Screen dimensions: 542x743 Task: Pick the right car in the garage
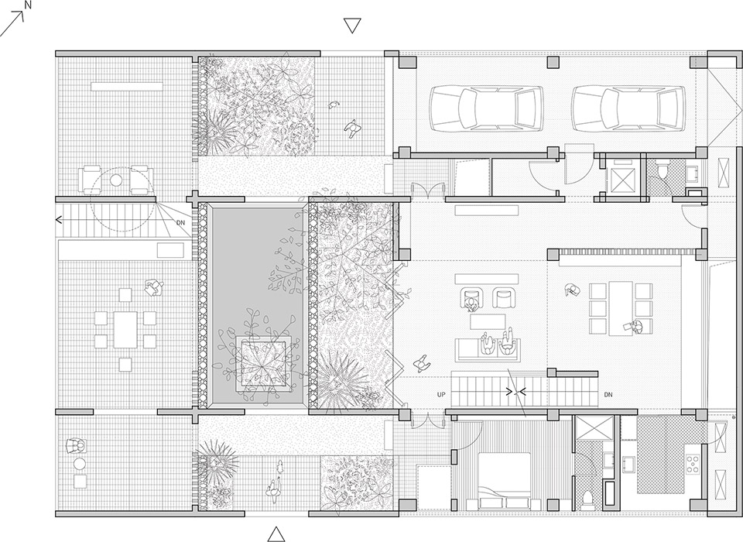[x=628, y=108]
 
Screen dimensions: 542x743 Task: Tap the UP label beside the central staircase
[x=441, y=394]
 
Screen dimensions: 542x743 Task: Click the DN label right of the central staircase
[x=608, y=394]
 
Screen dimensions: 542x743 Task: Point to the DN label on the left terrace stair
[x=180, y=223]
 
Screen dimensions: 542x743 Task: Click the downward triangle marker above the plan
[x=353, y=26]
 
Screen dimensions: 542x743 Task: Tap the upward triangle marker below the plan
[x=276, y=533]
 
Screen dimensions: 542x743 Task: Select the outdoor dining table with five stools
[x=124, y=328]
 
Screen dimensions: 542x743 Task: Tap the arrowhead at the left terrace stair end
[x=59, y=220]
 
